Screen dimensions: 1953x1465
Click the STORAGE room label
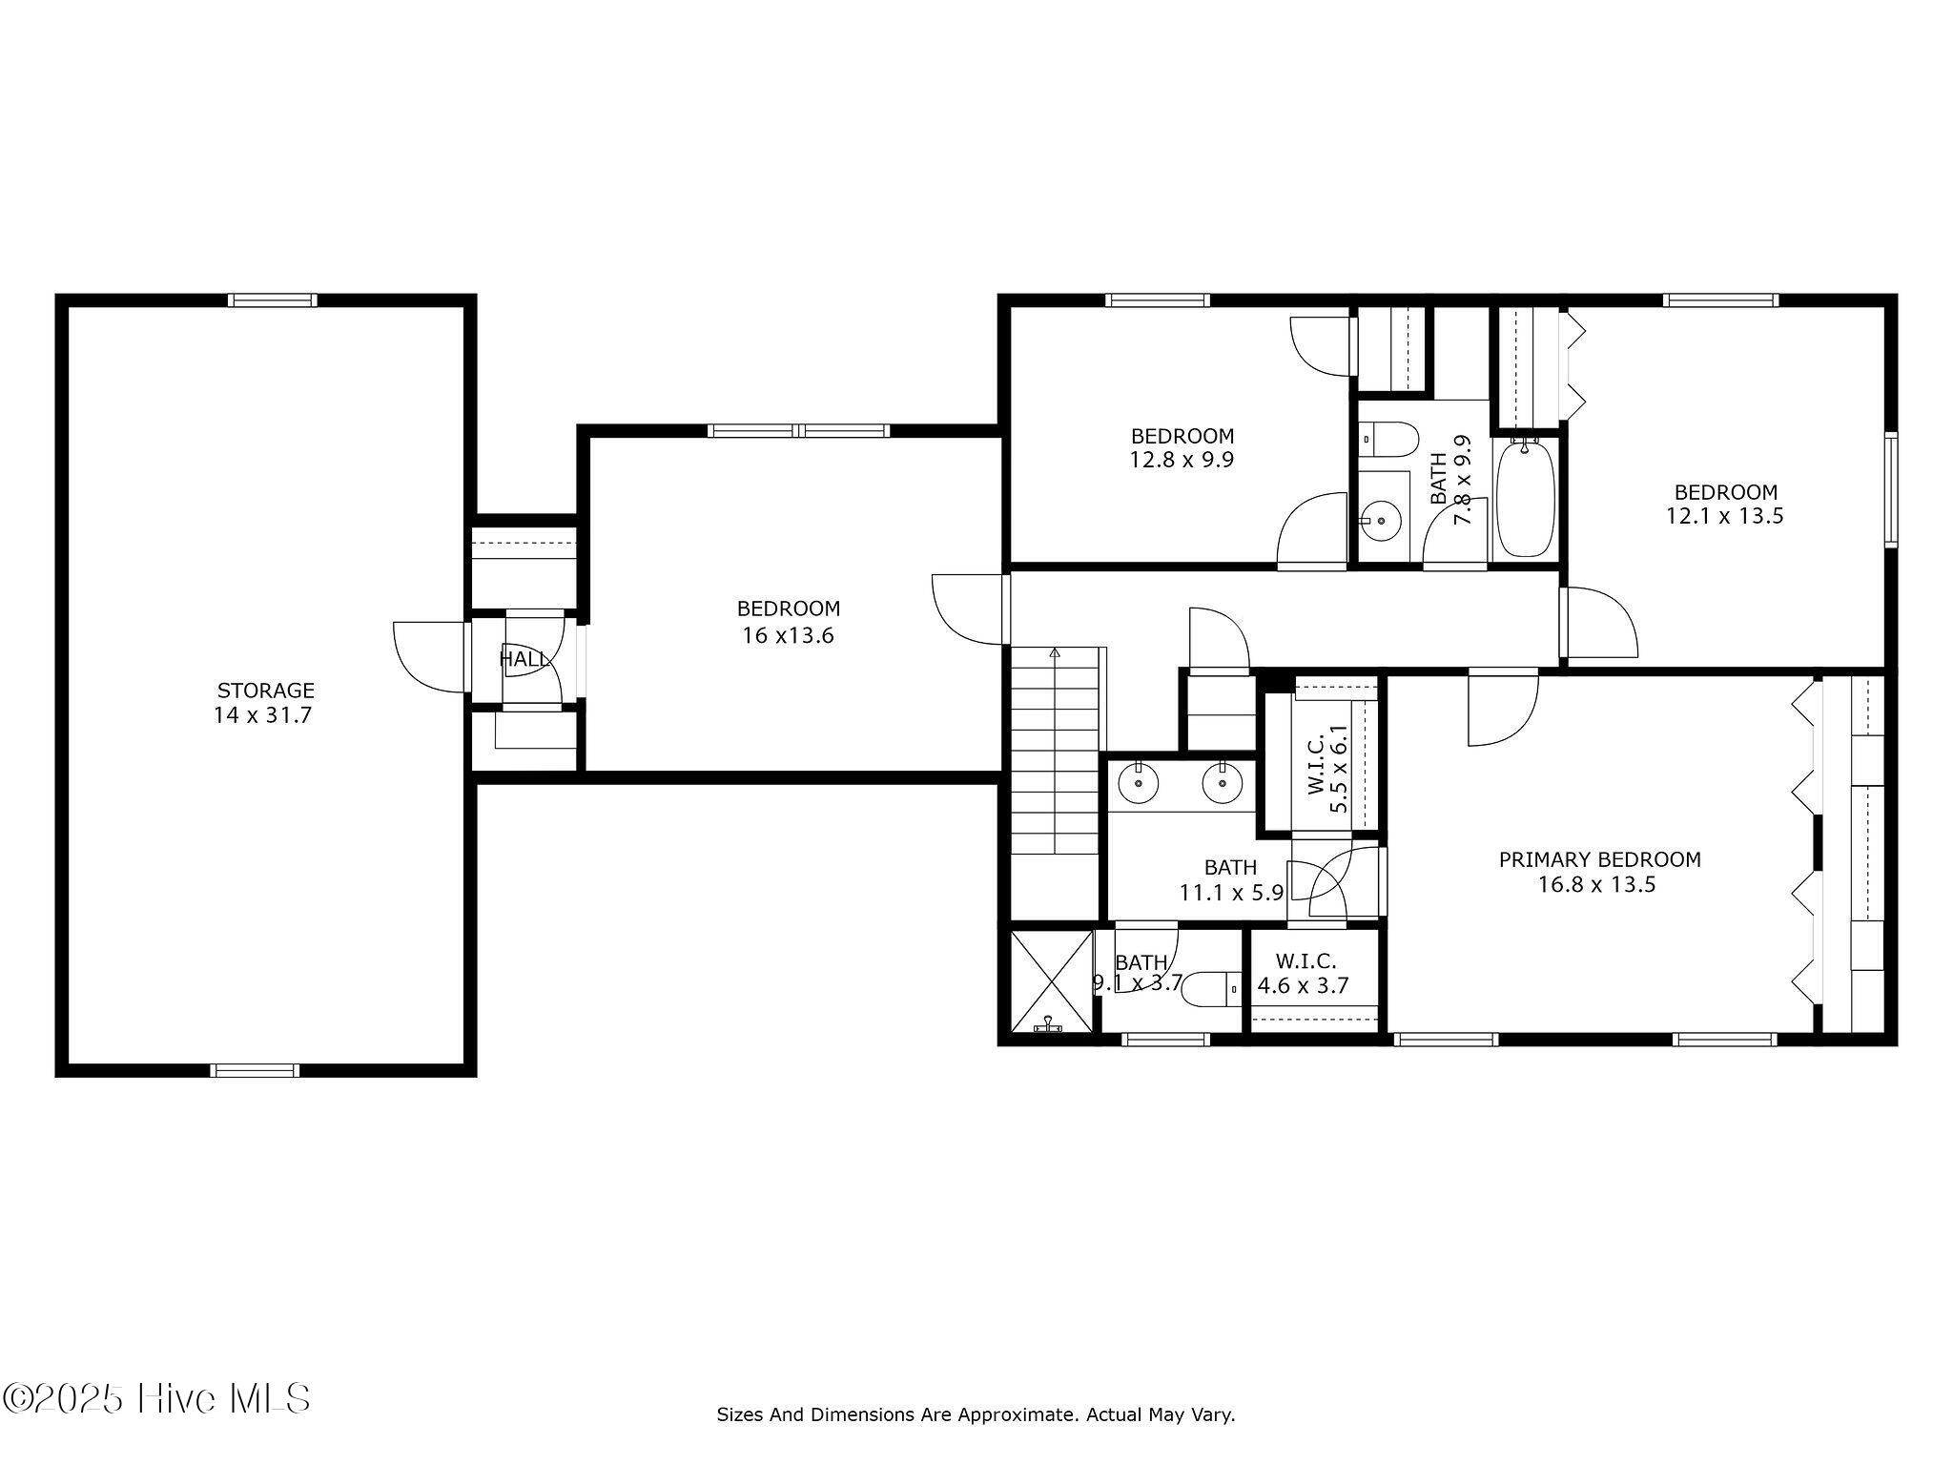(265, 690)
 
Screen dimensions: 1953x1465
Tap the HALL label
(524, 658)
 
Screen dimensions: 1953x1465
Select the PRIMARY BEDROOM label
(1599, 859)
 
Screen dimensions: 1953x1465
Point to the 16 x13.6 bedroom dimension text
(788, 635)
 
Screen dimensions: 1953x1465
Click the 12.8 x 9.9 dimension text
(1182, 460)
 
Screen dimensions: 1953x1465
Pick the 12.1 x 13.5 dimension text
(1725, 516)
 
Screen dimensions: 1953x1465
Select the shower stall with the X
(1051, 981)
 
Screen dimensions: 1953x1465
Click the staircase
(1056, 751)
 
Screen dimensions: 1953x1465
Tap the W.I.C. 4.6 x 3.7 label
(1304, 974)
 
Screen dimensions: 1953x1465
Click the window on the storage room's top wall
(273, 300)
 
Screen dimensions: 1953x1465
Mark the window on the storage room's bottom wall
(255, 1070)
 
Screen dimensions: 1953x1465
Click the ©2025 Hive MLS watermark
(156, 1399)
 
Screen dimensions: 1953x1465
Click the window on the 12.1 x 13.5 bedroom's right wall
(1891, 490)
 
